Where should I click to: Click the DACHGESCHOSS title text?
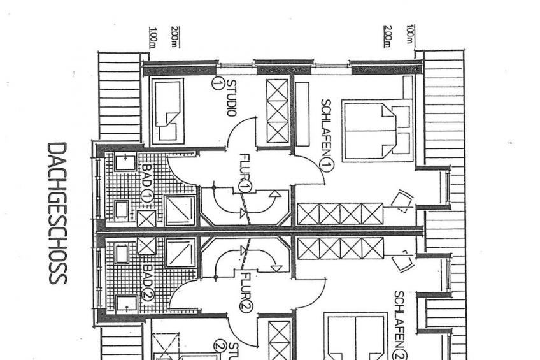coord(57,213)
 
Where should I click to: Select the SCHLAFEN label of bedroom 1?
coord(326,128)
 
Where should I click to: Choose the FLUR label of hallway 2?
coord(246,286)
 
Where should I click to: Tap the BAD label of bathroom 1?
coord(146,176)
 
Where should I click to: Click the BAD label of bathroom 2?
coord(148,275)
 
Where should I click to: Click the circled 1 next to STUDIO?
coord(217,83)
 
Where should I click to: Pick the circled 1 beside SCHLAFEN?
coord(327,166)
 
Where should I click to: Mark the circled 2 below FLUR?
coord(246,306)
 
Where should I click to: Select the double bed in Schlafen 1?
coord(377,131)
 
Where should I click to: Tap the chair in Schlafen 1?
coord(401,201)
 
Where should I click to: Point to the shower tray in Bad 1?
coord(180,210)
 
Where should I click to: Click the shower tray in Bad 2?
coord(181,253)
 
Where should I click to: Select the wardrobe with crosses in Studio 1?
coord(278,112)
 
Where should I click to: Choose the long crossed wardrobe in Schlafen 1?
coord(340,214)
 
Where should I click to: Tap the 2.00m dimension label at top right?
coord(388,36)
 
